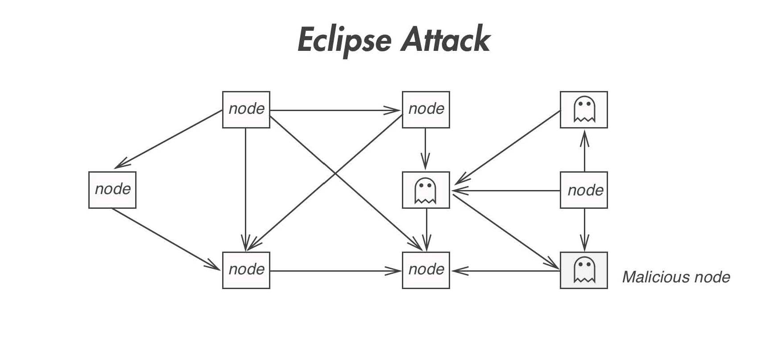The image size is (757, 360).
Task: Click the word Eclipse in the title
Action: click(x=344, y=41)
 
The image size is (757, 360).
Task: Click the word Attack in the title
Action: click(x=446, y=38)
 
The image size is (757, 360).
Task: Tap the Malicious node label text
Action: click(x=676, y=277)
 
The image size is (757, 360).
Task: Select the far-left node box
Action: click(x=112, y=190)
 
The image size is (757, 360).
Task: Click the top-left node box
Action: click(x=246, y=110)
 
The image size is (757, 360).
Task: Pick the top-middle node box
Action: click(x=426, y=110)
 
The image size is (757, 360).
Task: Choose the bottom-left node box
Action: click(x=246, y=270)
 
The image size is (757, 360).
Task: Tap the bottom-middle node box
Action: click(x=426, y=270)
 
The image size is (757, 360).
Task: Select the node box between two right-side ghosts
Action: click(x=584, y=190)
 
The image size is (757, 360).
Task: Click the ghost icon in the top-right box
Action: click(x=584, y=109)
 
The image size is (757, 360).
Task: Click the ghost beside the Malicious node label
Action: click(x=584, y=270)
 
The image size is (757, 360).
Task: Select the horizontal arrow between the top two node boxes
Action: click(x=336, y=110)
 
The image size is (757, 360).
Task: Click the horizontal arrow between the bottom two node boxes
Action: click(x=336, y=271)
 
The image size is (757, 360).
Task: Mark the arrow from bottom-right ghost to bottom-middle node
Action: click(x=505, y=271)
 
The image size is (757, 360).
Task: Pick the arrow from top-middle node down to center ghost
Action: click(x=425, y=149)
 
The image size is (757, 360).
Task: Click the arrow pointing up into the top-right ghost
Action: click(x=585, y=151)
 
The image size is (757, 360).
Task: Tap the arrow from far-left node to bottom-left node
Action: click(x=166, y=239)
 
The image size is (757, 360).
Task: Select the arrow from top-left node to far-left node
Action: click(x=168, y=139)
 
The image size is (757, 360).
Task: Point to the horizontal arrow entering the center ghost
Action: click(x=505, y=190)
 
